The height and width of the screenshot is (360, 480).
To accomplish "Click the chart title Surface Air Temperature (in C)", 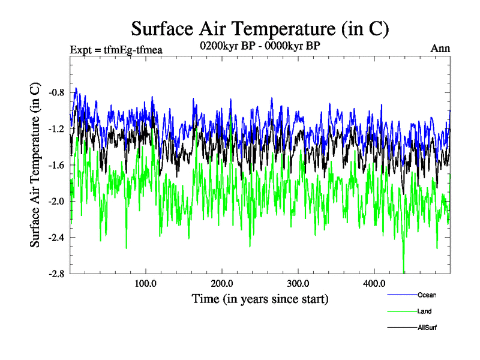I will [x=260, y=28].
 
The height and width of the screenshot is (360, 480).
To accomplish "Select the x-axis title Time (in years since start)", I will [x=260, y=298].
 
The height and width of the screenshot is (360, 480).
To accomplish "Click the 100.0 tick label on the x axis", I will [x=145, y=283].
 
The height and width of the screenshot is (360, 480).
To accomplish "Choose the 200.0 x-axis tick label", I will [x=222, y=283].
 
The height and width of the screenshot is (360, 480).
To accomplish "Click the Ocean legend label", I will [x=427, y=295].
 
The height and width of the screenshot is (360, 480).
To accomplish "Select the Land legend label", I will [x=425, y=311].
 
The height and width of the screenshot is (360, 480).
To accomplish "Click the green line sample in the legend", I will [x=402, y=311].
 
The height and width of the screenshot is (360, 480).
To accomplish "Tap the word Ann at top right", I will [x=440, y=49].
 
